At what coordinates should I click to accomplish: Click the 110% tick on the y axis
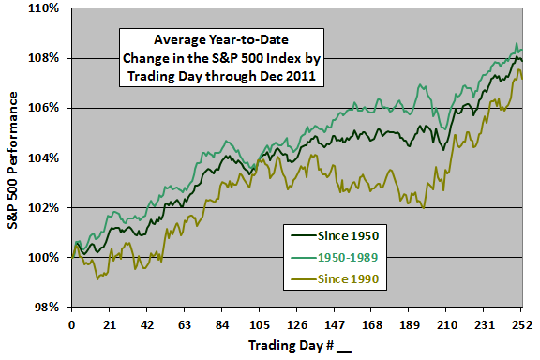pos(43,7)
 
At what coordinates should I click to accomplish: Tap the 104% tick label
pos(43,157)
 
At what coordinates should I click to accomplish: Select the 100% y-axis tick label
pos(43,257)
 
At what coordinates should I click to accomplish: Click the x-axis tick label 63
pos(185,325)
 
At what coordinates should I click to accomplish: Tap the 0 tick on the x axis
pos(71,325)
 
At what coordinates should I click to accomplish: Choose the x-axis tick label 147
pos(335,325)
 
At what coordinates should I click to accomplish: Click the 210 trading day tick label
pos(447,325)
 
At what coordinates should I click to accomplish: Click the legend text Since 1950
pos(348,236)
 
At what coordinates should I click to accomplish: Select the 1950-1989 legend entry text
pos(348,257)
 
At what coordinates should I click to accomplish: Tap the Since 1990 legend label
pos(348,278)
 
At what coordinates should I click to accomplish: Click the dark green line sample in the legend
pos(304,236)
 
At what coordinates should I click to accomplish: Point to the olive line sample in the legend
pos(304,278)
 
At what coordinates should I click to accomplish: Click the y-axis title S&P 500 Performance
pos(13,160)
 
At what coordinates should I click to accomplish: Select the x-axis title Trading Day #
pos(291,345)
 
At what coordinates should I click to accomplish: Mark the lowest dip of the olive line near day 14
pos(97,279)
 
